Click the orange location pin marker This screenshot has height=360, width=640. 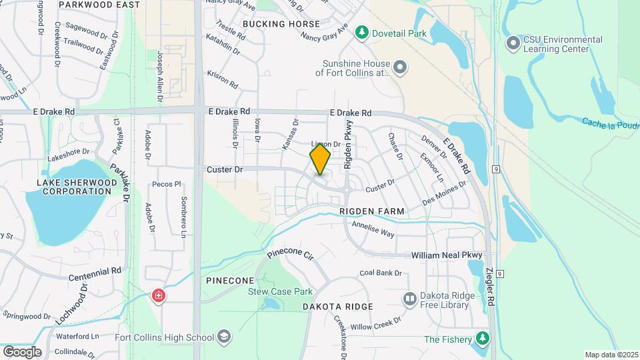[x=320, y=159]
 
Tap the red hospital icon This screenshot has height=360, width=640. [x=158, y=294]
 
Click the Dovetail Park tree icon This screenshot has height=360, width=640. [x=361, y=31]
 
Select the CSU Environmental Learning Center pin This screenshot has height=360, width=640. [x=513, y=44]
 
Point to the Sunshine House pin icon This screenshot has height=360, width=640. [x=399, y=67]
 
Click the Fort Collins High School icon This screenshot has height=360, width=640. [x=225, y=337]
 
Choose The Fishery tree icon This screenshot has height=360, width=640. [x=481, y=339]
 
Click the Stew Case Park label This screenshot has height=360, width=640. [x=280, y=291]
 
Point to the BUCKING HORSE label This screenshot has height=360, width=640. [x=281, y=24]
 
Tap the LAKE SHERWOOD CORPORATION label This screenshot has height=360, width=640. [x=74, y=187]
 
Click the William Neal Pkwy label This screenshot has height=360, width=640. [x=446, y=255]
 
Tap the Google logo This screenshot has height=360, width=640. [x=22, y=351]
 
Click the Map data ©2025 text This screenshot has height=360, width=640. [x=611, y=355]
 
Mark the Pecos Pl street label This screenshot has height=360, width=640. [x=166, y=184]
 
